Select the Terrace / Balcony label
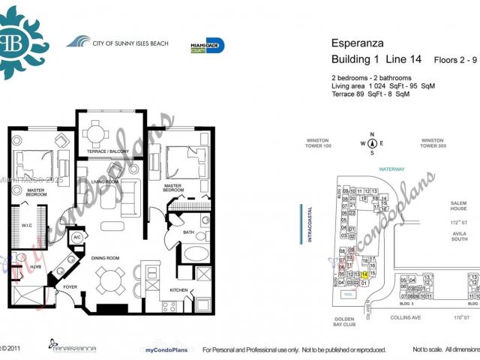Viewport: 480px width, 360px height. [109, 151]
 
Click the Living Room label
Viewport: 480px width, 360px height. [106, 181]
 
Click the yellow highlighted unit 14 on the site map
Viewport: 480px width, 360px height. [364, 274]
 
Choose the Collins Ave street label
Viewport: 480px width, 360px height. [406, 317]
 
